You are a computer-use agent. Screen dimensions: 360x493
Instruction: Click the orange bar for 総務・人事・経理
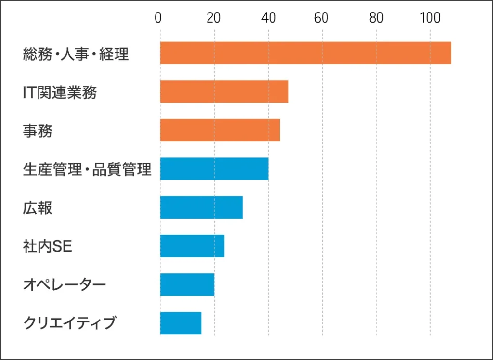tap(305, 53)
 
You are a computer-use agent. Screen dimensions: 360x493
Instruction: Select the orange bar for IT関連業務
tap(224, 91)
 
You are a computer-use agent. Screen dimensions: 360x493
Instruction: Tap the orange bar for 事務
tap(220, 130)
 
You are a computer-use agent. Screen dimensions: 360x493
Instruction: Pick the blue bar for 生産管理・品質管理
tap(214, 168)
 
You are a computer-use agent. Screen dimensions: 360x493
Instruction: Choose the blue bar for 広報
tap(201, 207)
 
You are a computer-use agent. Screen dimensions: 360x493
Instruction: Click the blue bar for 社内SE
tap(192, 246)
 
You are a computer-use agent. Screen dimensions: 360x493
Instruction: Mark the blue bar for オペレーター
tap(187, 284)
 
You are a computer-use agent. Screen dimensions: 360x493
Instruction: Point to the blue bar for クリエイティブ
tap(181, 323)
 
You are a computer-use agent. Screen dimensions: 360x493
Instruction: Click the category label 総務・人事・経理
tap(76, 54)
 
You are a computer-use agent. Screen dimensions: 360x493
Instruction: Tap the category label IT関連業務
tap(60, 92)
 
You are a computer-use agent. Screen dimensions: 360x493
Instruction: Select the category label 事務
tap(38, 131)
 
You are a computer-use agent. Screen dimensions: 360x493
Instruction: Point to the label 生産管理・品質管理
tap(87, 169)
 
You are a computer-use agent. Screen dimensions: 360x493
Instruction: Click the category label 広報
tap(38, 208)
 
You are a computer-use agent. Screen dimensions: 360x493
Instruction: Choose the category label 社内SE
tap(47, 246)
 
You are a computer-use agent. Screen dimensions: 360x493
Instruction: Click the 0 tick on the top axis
tap(158, 18)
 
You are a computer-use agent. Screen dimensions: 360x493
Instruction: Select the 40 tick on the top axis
tap(268, 18)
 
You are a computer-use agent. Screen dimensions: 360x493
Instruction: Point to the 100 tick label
tap(430, 18)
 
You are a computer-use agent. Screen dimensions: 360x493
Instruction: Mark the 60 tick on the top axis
tap(321, 18)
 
